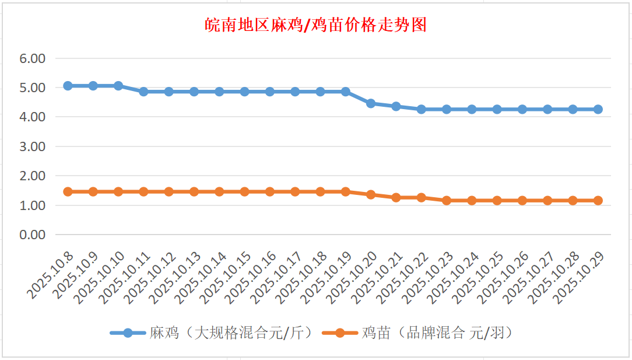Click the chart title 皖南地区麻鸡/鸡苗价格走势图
[315, 25]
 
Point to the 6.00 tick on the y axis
[33, 58]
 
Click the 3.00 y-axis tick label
[33, 146]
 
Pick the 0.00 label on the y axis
[33, 235]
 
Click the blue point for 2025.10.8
[68, 86]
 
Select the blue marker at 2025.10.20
[371, 103]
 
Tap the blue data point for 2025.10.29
[598, 109]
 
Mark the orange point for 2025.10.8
[68, 191]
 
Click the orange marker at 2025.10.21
[396, 197]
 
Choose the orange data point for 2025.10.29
[598, 200]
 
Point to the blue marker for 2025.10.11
[143, 92]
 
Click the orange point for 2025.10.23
[447, 200]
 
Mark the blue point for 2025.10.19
[346, 92]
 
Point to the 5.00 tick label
[33, 88]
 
